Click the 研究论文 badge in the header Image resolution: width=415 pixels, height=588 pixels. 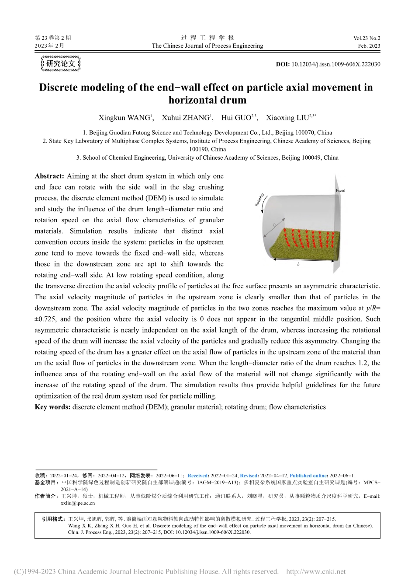click(x=61, y=64)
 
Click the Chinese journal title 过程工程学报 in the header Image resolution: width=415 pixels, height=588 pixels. click(x=207, y=38)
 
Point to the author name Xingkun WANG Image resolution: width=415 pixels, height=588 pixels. click(x=125, y=118)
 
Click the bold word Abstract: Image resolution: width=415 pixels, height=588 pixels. click(x=49, y=176)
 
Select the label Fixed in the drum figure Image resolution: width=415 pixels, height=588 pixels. click(x=340, y=190)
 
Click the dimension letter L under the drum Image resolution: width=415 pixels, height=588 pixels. click(x=298, y=264)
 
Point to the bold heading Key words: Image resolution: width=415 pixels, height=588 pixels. click(x=52, y=407)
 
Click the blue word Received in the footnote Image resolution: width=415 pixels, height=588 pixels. click(x=197, y=476)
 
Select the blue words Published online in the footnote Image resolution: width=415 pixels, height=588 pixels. click(x=308, y=476)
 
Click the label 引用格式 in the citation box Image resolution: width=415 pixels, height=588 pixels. click(x=53, y=519)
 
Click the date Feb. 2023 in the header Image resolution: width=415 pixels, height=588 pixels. click(x=369, y=46)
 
